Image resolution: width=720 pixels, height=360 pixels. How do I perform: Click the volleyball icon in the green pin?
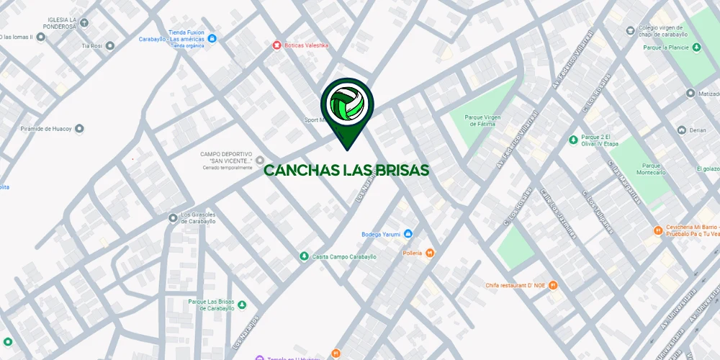(x=346, y=105)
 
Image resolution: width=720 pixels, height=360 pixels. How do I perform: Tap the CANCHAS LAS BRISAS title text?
(x=346, y=171)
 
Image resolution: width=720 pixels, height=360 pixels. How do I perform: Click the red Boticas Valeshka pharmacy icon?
(x=276, y=45)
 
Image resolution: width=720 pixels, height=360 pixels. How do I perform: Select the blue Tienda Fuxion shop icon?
(x=212, y=39)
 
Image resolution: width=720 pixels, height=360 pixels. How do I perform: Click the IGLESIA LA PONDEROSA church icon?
(x=84, y=23)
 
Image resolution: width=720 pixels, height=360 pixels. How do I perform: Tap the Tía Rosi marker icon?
(x=110, y=45)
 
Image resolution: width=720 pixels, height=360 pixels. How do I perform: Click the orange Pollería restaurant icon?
(x=430, y=253)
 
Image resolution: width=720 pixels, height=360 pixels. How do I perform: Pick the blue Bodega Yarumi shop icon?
(x=408, y=234)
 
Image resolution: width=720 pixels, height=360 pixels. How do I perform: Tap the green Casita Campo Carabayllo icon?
(x=304, y=256)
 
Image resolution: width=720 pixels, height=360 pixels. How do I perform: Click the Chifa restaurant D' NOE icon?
(x=553, y=285)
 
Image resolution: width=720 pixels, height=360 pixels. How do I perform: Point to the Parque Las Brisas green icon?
(x=242, y=305)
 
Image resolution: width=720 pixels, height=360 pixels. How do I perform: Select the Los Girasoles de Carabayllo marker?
(x=173, y=218)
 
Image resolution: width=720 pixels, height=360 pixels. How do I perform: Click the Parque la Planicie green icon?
(x=696, y=48)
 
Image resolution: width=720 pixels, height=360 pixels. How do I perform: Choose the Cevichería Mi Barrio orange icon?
(x=658, y=230)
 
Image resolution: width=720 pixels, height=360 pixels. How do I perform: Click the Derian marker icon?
(x=681, y=130)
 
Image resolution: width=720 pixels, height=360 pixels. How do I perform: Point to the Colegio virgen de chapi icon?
(x=631, y=31)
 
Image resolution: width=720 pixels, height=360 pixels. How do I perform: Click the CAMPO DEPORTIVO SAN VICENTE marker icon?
(x=260, y=160)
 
